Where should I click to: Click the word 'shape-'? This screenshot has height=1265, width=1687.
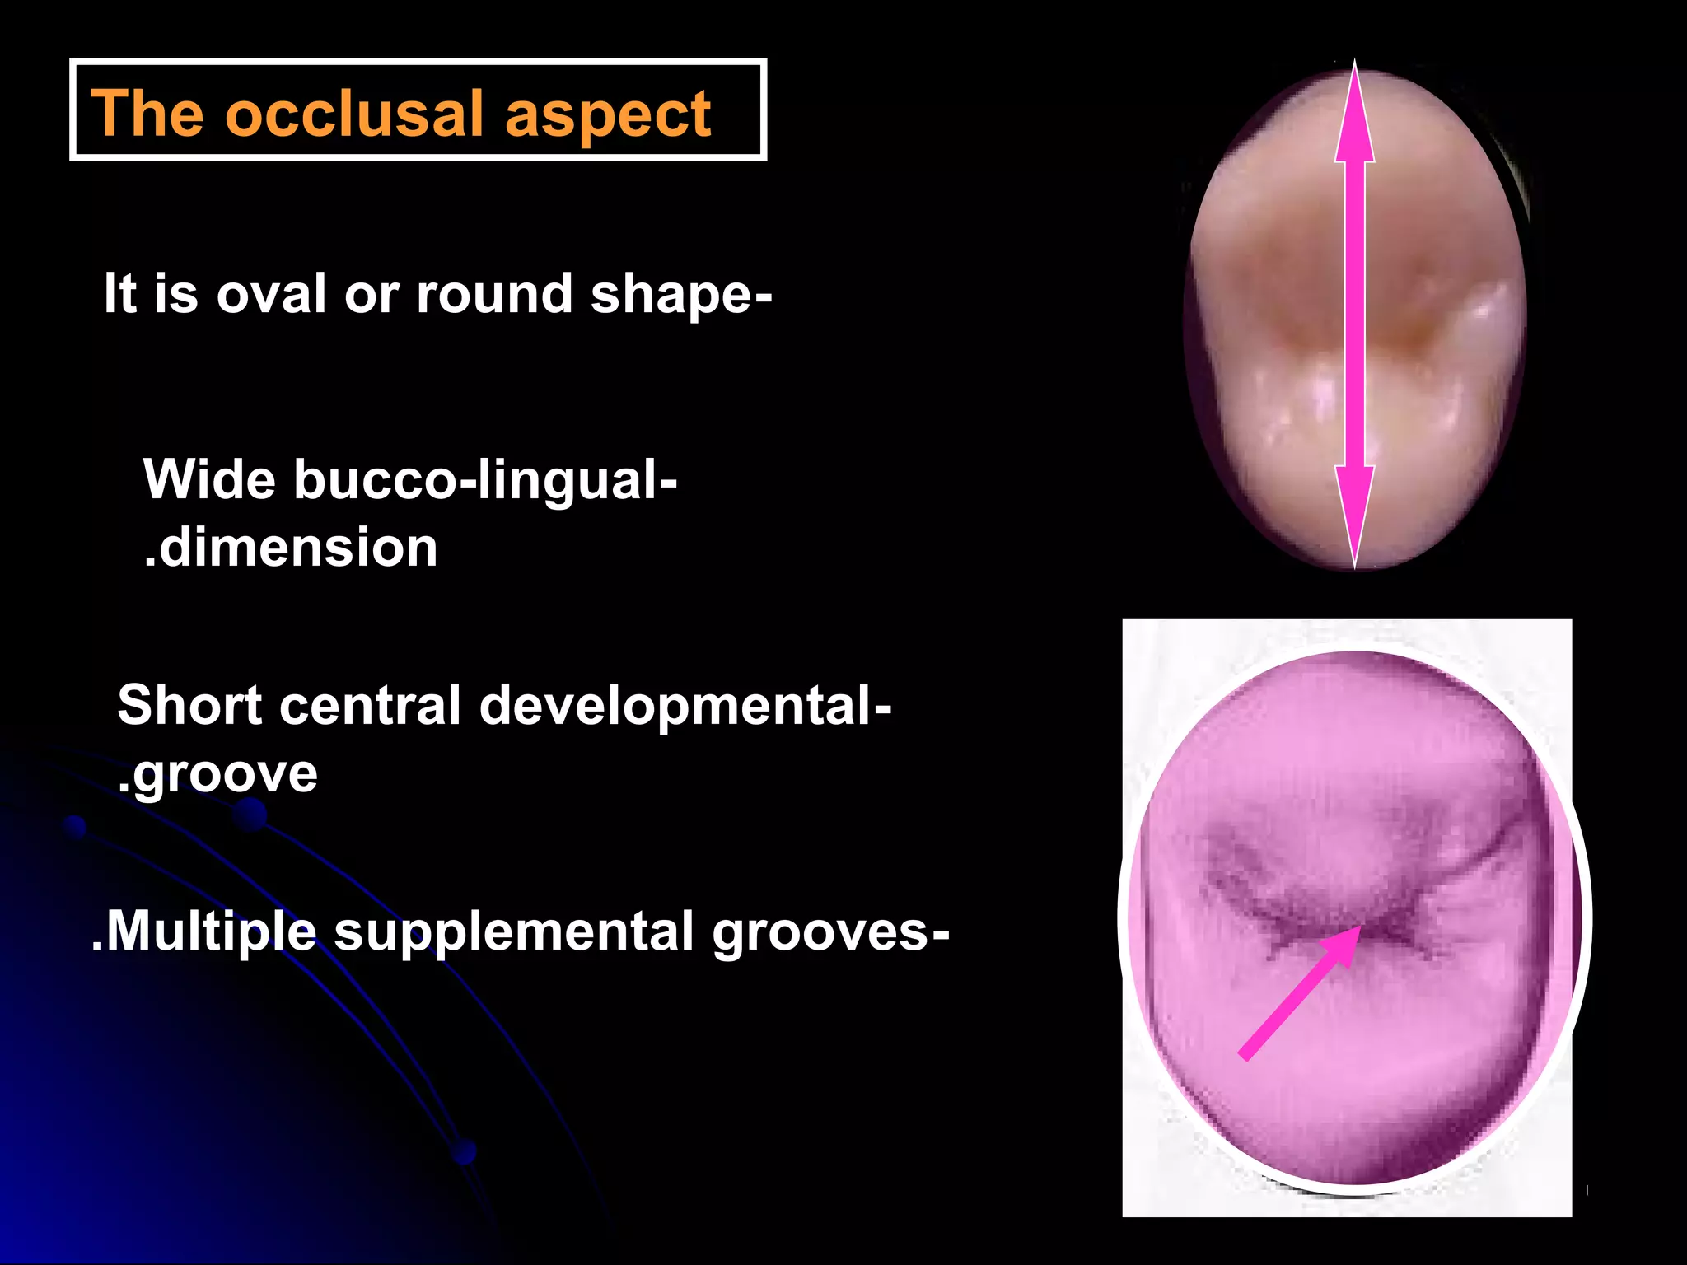[681, 295]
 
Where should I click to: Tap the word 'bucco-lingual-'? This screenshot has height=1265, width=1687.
[486, 480]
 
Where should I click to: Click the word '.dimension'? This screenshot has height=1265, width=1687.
[291, 548]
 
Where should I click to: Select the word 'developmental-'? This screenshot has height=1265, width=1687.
[685, 707]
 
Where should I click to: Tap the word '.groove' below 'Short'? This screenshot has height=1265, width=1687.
[217, 774]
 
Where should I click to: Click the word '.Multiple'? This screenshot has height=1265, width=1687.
[203, 931]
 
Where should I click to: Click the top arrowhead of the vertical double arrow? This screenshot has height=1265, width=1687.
[1355, 115]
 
